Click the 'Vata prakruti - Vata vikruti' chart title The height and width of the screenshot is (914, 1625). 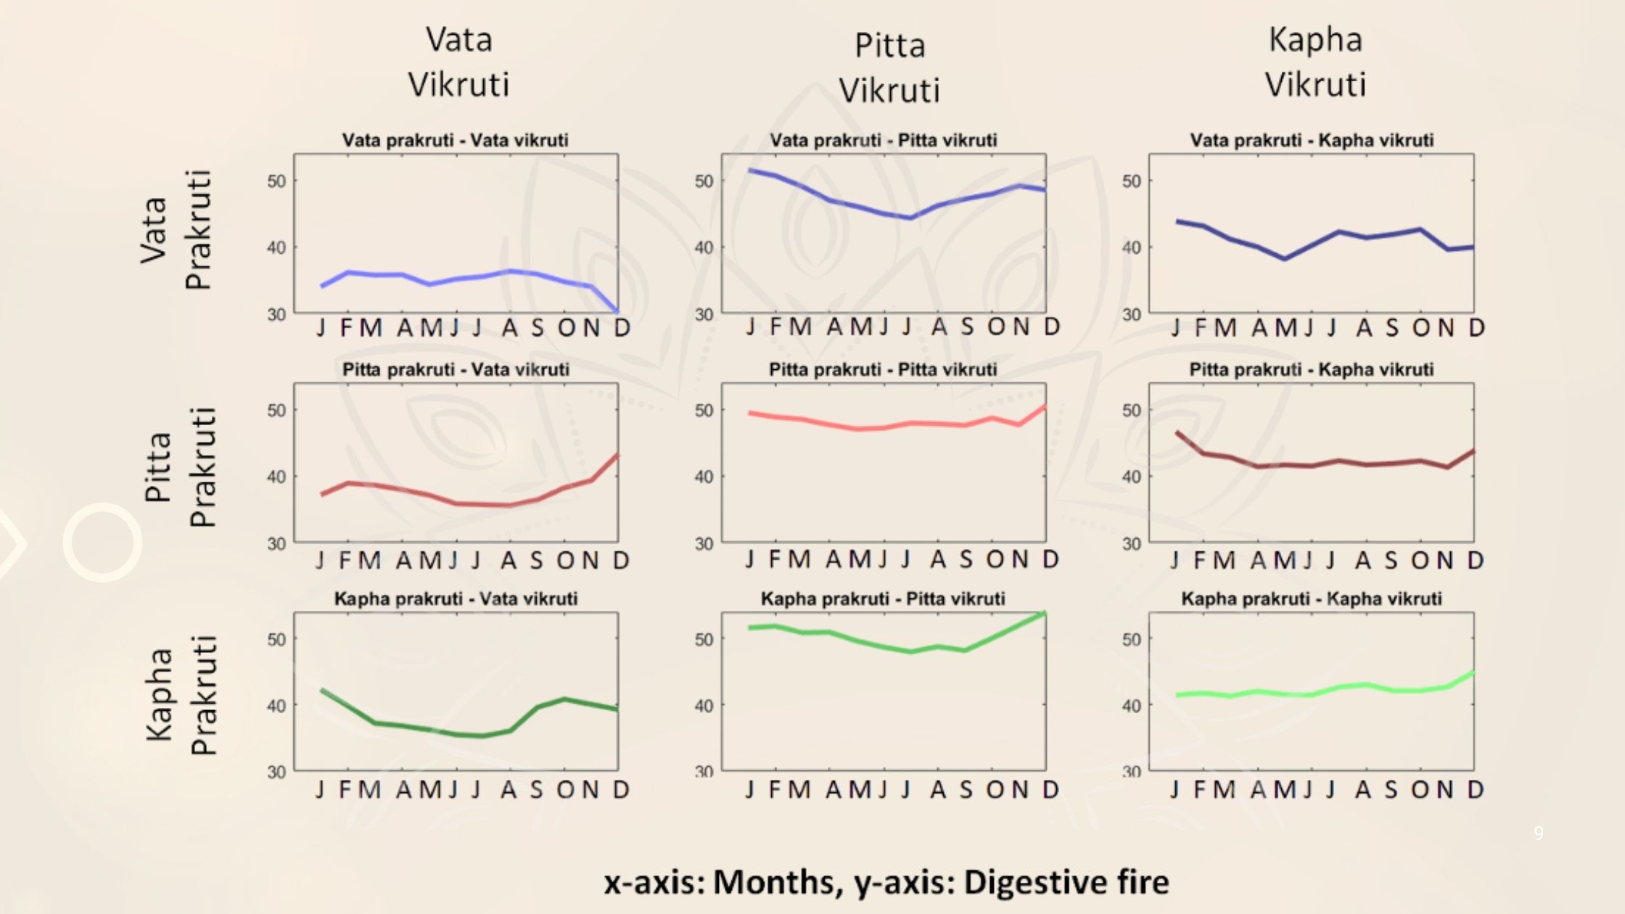[455, 140]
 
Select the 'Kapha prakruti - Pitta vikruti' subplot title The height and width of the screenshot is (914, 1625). [882, 598]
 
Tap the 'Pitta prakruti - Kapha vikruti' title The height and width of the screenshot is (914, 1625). [1311, 369]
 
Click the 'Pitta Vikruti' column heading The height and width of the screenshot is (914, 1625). [889, 67]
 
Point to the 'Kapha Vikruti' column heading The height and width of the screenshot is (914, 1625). [1315, 62]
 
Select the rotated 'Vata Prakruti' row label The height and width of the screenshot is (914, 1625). [176, 229]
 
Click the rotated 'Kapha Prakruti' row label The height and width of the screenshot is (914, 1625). [181, 694]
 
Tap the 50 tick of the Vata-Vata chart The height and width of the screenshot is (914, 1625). [276, 181]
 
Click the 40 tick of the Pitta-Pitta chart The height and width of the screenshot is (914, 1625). [704, 477]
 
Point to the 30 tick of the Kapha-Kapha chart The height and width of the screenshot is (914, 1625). [1132, 772]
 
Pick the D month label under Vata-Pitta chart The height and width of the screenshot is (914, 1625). [1051, 327]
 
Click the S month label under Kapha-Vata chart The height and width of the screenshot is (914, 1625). [536, 789]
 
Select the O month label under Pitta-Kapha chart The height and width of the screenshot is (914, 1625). [1420, 560]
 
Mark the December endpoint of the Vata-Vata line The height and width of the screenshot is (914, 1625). [617, 311]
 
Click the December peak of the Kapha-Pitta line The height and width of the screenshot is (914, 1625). [1044, 614]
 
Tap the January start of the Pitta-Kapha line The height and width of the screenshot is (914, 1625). [1177, 433]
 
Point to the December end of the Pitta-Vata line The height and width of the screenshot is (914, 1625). [617, 456]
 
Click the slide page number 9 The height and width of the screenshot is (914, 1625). [1539, 833]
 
